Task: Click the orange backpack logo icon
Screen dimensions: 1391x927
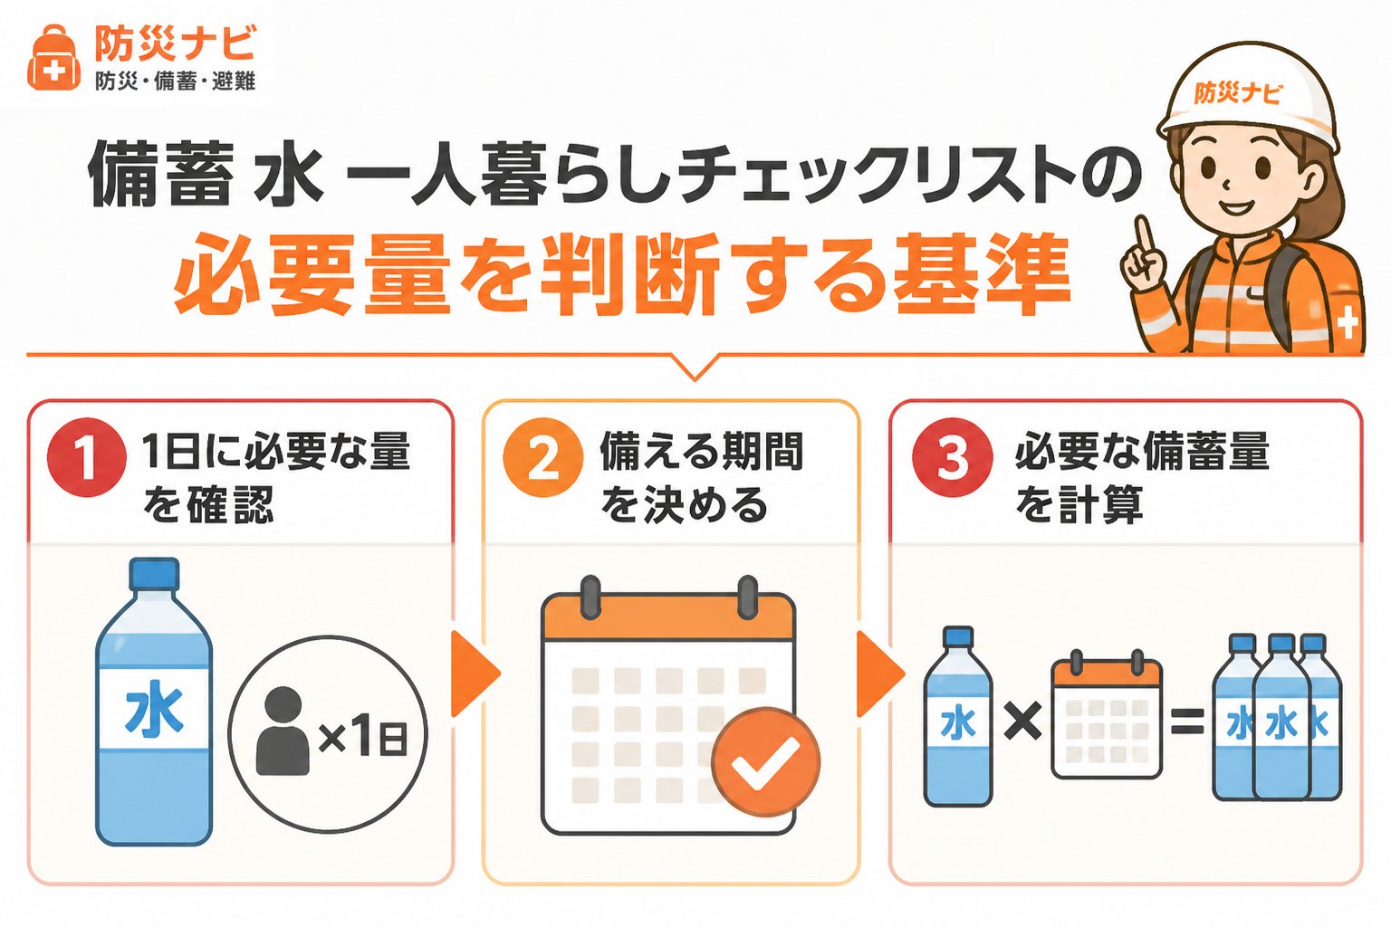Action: click(x=53, y=58)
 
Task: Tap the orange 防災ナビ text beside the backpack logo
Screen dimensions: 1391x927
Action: click(x=175, y=43)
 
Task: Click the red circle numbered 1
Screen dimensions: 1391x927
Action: click(x=87, y=457)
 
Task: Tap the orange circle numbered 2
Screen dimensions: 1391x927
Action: click(x=543, y=457)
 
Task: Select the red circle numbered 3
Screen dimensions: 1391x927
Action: click(x=952, y=457)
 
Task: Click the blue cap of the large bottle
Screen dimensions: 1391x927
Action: click(x=154, y=574)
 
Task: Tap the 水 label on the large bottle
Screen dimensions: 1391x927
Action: click(x=154, y=709)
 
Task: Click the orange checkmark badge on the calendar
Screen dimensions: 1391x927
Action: click(x=765, y=762)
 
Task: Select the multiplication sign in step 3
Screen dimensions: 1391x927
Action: click(x=1022, y=722)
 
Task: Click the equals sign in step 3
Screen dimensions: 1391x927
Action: click(x=1187, y=722)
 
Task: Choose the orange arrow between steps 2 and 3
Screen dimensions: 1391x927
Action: click(x=880, y=674)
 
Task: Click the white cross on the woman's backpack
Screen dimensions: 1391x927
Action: click(x=1347, y=324)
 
